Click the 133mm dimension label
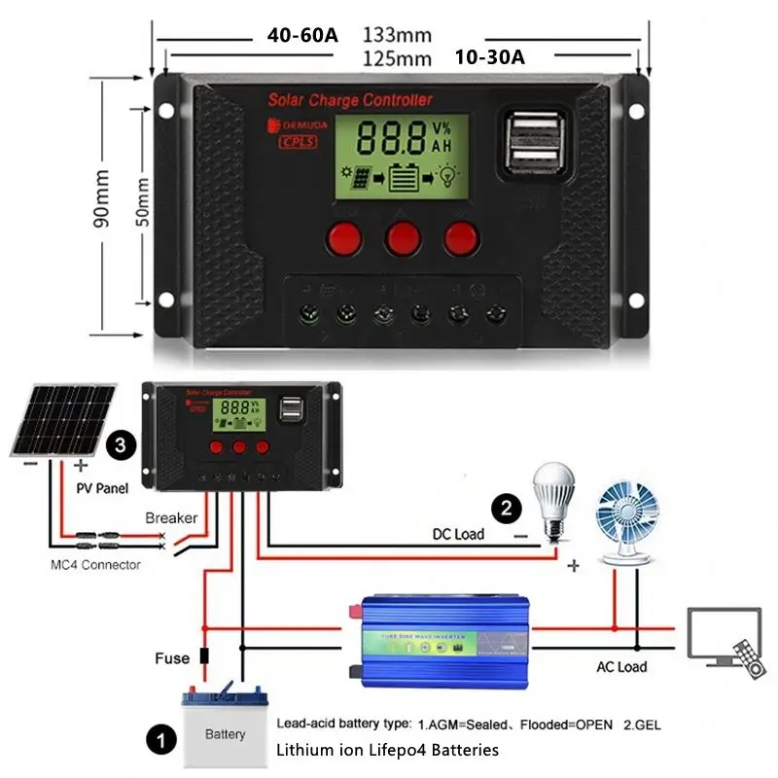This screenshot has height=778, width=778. point(397,35)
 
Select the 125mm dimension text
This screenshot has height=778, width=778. point(397,57)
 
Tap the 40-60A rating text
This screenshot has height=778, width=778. point(302,35)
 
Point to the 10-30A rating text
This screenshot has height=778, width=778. point(489,56)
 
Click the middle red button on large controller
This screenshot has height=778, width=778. point(402,236)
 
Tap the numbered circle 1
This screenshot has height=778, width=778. point(156,741)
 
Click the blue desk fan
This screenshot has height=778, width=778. point(630,520)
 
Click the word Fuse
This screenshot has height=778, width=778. point(172,658)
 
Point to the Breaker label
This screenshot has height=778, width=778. point(171,518)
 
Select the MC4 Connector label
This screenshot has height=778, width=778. point(95,565)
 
